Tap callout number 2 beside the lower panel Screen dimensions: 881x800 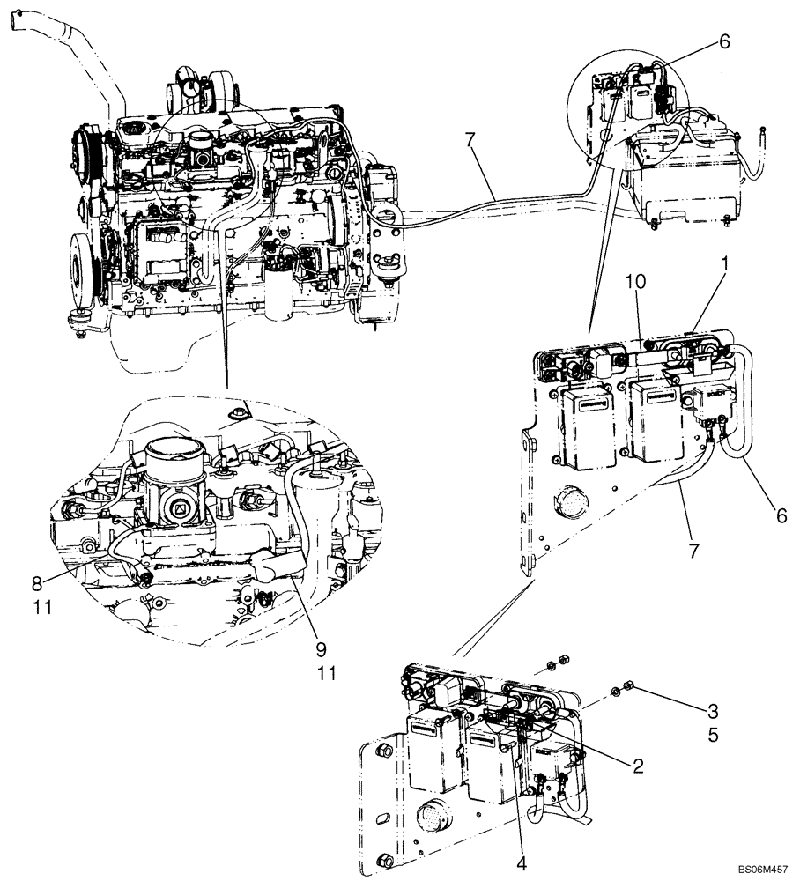(x=638, y=766)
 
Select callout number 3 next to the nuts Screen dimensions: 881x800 (x=712, y=710)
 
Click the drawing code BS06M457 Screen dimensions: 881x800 (x=761, y=868)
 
